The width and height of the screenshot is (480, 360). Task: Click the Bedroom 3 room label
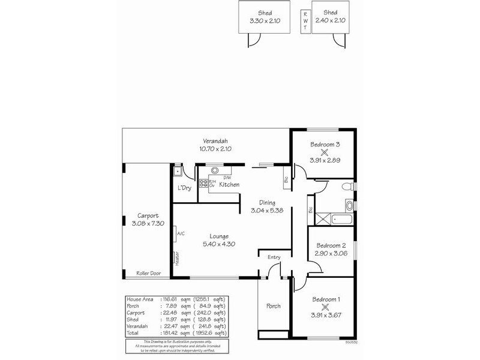(x=325, y=144)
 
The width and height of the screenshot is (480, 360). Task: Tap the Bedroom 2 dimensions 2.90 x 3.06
(x=331, y=254)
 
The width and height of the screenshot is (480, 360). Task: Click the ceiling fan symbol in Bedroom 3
(x=325, y=152)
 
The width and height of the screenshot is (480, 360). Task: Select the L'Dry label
(x=184, y=188)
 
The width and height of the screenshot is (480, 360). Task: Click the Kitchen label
(x=229, y=185)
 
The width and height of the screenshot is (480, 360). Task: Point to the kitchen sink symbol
(x=215, y=170)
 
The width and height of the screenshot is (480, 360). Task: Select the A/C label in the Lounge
(x=179, y=234)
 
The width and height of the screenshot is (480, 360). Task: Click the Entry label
(x=274, y=257)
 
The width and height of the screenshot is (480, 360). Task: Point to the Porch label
(x=274, y=306)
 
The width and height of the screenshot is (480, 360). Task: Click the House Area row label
(x=141, y=299)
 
